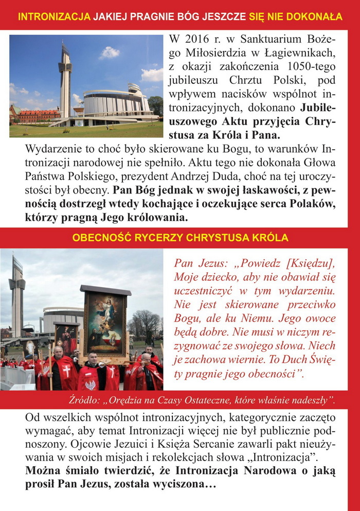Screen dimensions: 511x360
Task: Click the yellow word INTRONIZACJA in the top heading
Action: point(54,16)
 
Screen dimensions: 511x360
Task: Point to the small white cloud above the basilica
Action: point(110,52)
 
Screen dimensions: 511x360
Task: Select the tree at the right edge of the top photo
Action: point(156,105)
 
